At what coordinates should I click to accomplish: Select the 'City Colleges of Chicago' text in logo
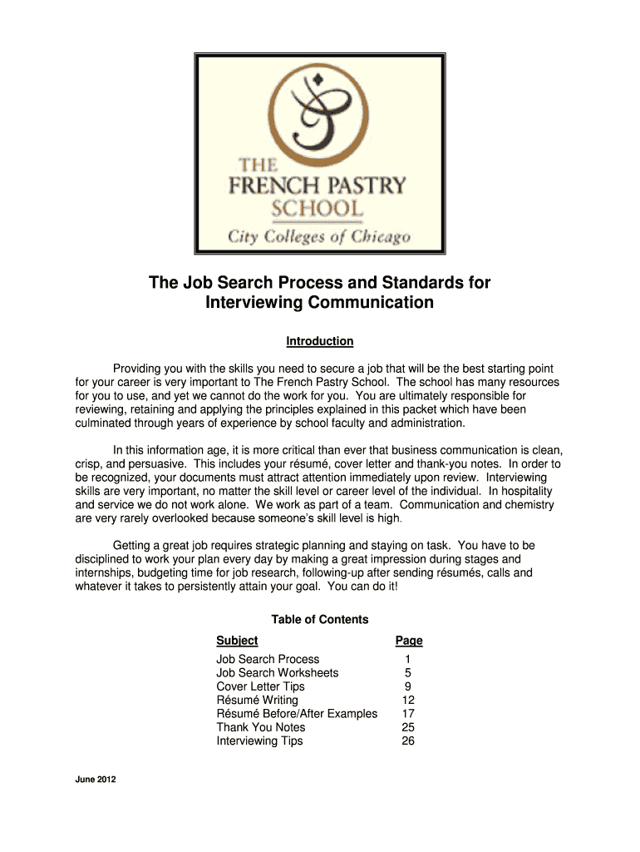tap(319, 237)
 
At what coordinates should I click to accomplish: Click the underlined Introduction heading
tap(320, 341)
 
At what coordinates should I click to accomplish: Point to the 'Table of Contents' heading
tap(320, 620)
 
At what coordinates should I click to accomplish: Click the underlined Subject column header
tap(237, 641)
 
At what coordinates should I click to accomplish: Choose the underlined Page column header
tap(409, 641)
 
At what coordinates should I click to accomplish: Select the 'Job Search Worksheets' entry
tap(278, 672)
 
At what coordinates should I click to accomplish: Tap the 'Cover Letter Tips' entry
tap(260, 686)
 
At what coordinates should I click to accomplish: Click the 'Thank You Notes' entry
tap(261, 727)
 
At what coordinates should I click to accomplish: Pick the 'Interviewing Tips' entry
tap(259, 741)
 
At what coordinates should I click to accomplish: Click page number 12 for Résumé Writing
tap(408, 700)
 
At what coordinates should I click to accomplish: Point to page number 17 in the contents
tap(408, 713)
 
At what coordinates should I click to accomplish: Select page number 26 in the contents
tap(408, 741)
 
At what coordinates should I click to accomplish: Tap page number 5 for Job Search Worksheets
tap(408, 672)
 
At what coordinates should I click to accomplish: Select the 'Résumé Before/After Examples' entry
tap(297, 713)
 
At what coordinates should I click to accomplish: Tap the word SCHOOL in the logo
tap(319, 208)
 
